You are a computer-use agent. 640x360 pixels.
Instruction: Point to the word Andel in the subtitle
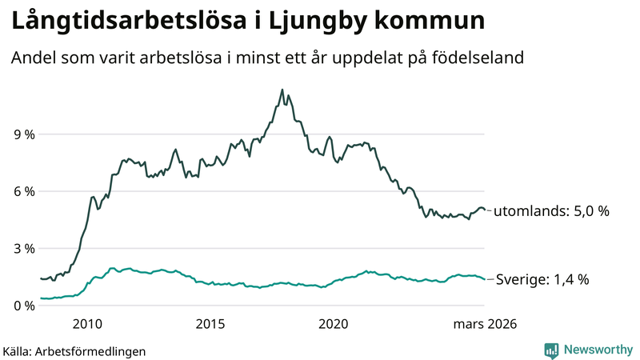click(x=32, y=58)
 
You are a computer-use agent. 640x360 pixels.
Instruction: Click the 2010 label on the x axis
click(x=87, y=324)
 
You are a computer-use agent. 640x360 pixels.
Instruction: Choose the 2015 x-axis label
click(x=210, y=324)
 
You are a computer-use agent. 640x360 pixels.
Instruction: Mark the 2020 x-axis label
click(x=334, y=324)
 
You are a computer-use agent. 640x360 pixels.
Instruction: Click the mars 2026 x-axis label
click(x=485, y=324)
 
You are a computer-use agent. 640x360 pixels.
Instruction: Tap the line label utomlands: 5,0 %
click(x=551, y=211)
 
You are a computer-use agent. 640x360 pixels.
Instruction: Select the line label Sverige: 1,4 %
click(x=542, y=279)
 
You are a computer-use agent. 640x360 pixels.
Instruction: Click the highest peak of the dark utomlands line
click(x=282, y=90)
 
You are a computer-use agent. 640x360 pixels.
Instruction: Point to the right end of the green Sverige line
click(x=484, y=278)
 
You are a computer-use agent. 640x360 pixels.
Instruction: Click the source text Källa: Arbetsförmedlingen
click(x=74, y=351)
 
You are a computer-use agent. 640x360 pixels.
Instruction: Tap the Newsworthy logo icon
click(x=551, y=350)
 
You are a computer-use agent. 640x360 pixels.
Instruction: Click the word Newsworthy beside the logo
click(x=597, y=350)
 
